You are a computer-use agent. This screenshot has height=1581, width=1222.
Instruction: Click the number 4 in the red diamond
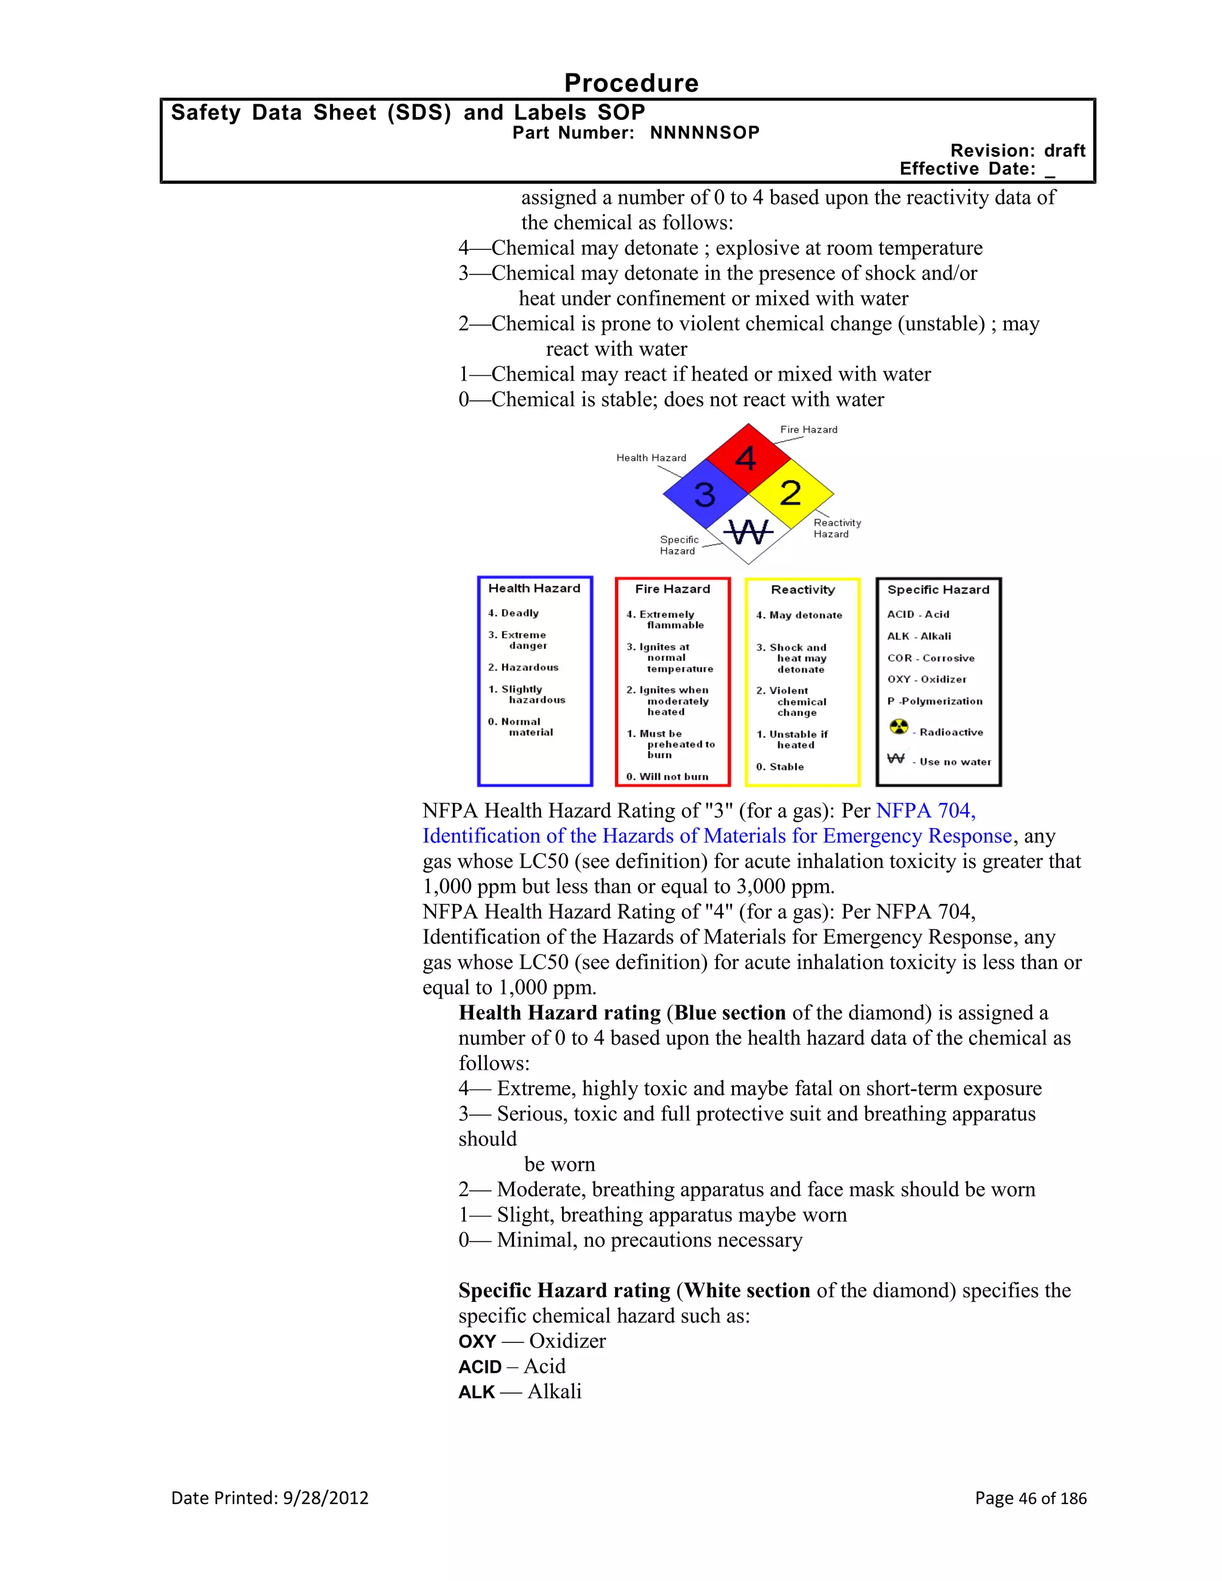click(746, 459)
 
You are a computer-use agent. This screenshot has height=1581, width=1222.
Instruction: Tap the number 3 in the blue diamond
click(705, 495)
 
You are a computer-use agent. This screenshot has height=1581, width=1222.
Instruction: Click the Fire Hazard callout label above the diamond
click(809, 430)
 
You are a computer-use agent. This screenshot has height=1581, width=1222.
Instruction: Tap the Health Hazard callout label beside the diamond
click(651, 458)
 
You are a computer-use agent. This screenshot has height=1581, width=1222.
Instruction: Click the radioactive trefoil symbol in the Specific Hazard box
click(899, 726)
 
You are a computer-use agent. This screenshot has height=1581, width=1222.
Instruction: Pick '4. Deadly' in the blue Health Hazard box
click(513, 613)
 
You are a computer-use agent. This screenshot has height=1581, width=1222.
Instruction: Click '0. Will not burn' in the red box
click(666, 777)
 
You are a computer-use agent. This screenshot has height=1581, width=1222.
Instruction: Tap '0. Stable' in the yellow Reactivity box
click(780, 767)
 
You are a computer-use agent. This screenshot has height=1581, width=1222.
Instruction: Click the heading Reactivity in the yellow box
click(802, 590)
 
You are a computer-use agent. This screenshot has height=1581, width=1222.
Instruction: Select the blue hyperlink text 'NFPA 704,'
click(925, 811)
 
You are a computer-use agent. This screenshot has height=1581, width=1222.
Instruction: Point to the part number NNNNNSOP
click(705, 133)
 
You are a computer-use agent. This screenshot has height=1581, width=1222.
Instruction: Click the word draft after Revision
click(1064, 150)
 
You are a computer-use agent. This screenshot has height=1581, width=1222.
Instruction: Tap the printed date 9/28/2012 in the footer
click(326, 1497)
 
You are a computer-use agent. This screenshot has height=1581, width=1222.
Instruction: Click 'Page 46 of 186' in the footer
click(1030, 1497)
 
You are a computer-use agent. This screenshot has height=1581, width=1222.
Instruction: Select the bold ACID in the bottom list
click(480, 1367)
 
